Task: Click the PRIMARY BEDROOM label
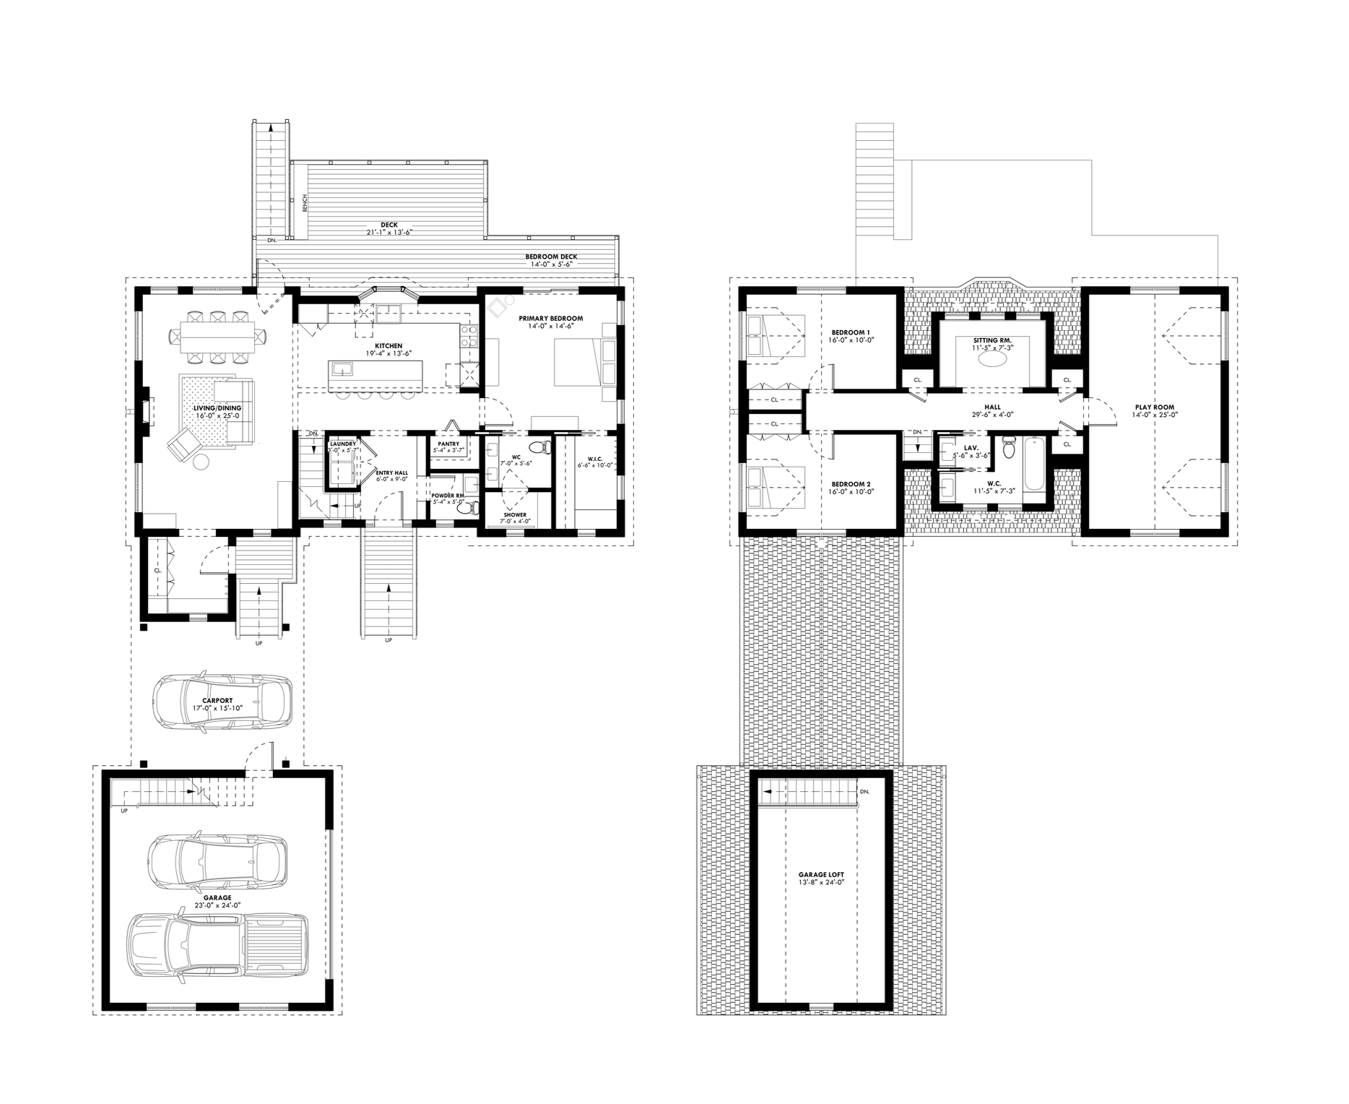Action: click(550, 319)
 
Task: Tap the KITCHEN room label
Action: click(389, 346)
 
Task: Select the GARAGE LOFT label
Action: click(817, 874)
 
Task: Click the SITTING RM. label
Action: click(992, 340)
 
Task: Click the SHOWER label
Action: click(515, 515)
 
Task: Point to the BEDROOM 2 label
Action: click(851, 483)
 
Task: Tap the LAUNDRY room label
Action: click(343, 444)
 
